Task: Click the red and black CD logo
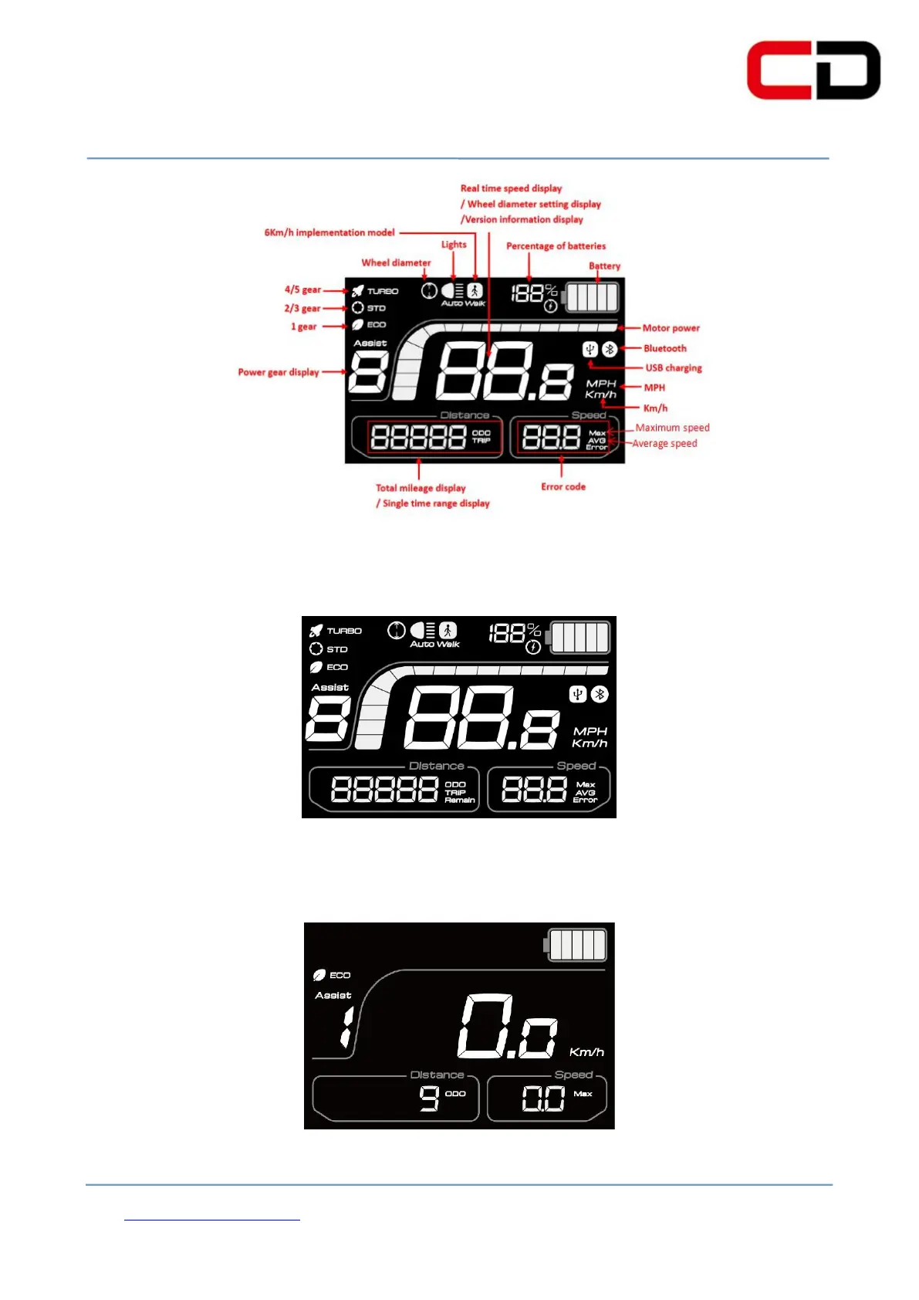point(813,70)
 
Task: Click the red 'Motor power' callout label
point(671,328)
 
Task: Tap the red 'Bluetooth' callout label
point(664,348)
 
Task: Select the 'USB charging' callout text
point(674,368)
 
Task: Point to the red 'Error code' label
point(563,487)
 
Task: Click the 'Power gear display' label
point(278,372)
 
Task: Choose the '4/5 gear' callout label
point(302,290)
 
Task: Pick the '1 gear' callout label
point(303,327)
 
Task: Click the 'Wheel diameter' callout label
point(396,262)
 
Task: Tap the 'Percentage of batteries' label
point(556,246)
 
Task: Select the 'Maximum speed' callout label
point(672,428)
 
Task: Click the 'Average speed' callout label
point(664,444)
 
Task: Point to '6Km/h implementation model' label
point(329,232)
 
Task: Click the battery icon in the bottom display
point(576,945)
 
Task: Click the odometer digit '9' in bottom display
point(429,1097)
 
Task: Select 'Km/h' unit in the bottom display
point(586,1052)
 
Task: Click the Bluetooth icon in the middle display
point(600,695)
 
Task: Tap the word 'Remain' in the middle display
point(460,801)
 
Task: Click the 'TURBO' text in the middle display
point(344,631)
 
